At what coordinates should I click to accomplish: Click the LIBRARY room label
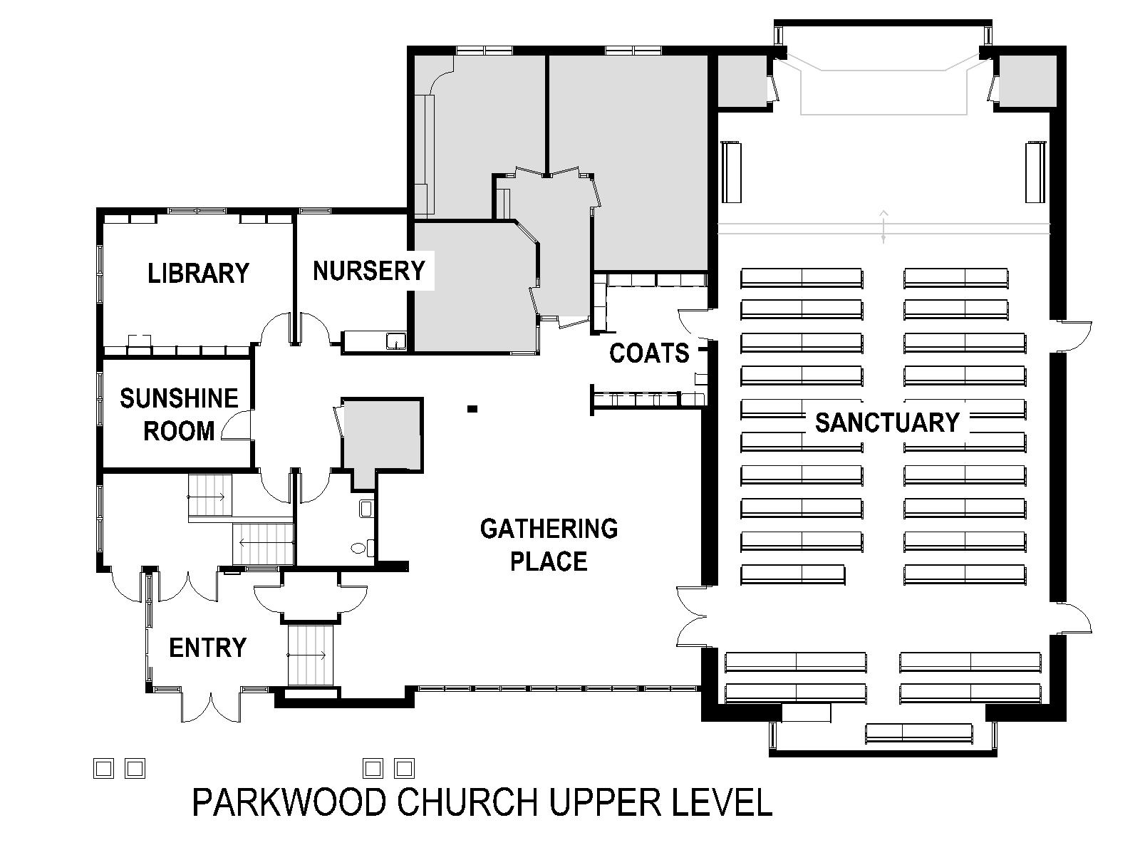[x=198, y=273]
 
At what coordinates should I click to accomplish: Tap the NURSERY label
[x=369, y=271]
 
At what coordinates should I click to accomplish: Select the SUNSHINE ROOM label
[x=179, y=415]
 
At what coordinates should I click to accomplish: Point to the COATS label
[x=649, y=353]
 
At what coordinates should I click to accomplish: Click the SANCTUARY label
[x=887, y=423]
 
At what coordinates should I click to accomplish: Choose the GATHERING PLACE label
[x=549, y=545]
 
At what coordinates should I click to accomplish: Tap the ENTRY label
[x=208, y=648]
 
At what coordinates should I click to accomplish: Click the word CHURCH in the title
[x=467, y=802]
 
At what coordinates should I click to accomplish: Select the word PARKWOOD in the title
[x=289, y=802]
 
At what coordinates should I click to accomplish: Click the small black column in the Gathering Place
[x=472, y=409]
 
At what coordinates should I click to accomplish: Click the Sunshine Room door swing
[x=236, y=425]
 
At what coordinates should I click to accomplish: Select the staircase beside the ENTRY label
[x=310, y=655]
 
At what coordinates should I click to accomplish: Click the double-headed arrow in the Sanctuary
[x=883, y=227]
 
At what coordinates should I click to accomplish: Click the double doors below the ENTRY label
[x=211, y=707]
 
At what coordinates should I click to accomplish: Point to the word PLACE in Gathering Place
[x=549, y=561]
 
